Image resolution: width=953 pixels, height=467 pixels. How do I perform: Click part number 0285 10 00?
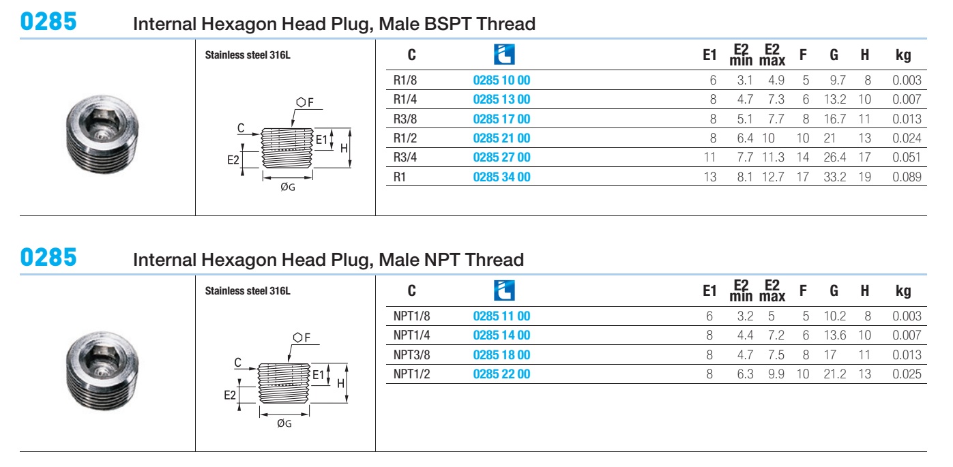(x=501, y=80)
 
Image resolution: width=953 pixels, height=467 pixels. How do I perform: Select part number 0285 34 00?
(x=501, y=177)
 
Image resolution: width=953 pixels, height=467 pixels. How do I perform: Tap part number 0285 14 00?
(x=501, y=335)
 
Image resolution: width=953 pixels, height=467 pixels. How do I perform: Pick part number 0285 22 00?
(x=501, y=374)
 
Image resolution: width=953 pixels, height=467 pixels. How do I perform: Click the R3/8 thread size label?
(x=405, y=119)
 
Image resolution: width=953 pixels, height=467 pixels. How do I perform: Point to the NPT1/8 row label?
(x=411, y=316)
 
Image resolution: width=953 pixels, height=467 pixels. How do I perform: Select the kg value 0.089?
(x=907, y=177)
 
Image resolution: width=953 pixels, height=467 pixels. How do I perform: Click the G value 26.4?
(x=835, y=157)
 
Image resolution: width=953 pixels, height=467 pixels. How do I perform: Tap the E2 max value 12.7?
(x=773, y=177)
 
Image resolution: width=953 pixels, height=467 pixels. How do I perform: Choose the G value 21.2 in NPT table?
(x=835, y=374)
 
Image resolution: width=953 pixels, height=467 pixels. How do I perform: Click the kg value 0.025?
(x=907, y=374)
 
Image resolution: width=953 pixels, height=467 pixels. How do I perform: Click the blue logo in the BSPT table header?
(x=504, y=55)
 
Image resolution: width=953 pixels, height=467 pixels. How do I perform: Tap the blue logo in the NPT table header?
(x=504, y=290)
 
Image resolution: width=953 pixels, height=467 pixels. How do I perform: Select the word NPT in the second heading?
(x=443, y=260)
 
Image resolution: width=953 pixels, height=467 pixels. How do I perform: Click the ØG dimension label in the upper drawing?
(x=288, y=187)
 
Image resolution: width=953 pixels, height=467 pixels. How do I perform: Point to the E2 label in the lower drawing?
(x=230, y=395)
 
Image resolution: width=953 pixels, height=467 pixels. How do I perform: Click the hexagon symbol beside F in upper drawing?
(x=301, y=102)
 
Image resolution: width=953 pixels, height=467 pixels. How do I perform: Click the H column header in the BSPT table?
(x=864, y=55)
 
